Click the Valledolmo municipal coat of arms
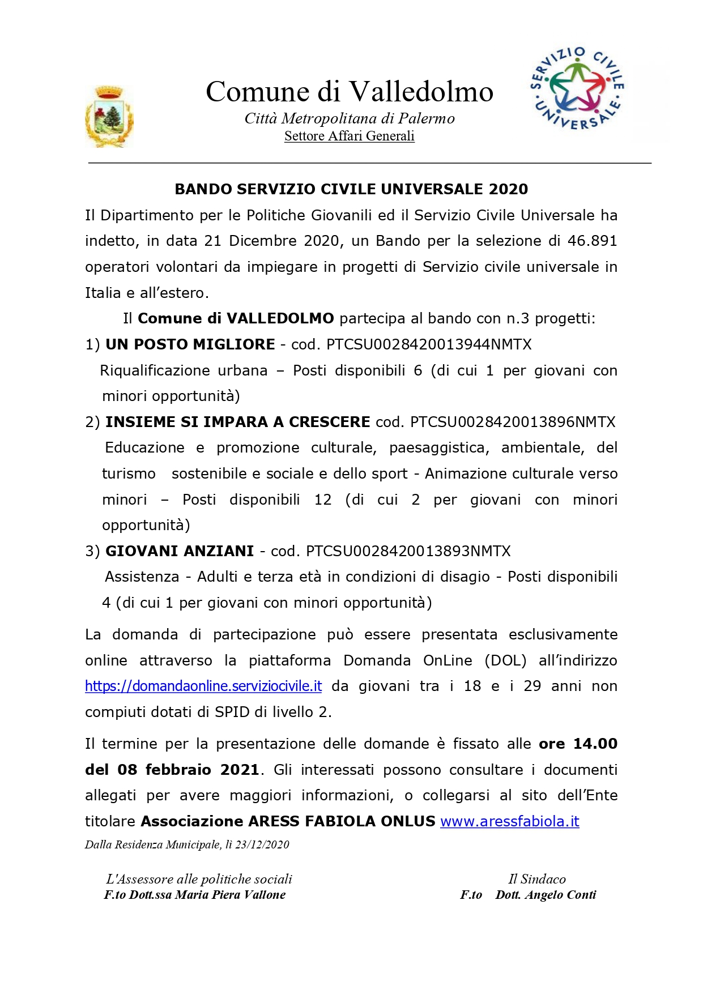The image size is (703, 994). point(109,117)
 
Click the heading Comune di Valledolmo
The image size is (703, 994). point(350,92)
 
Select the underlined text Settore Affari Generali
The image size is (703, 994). point(350,136)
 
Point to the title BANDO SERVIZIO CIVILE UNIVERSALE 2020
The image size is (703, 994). point(351,189)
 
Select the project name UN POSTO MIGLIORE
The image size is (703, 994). point(190,344)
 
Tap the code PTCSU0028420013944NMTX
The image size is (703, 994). point(429,344)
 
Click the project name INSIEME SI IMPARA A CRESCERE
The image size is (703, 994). point(238,422)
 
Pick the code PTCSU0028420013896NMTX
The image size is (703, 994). point(513,422)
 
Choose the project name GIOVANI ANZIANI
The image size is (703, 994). point(180,551)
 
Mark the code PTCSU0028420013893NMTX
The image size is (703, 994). point(408,551)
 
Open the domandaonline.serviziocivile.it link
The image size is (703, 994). point(203,686)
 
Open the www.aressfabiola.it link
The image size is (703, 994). point(510,822)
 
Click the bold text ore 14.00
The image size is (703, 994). point(578,744)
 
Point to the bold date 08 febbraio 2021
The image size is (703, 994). point(188,770)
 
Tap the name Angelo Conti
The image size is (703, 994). point(560,895)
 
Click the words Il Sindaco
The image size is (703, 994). point(537,879)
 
